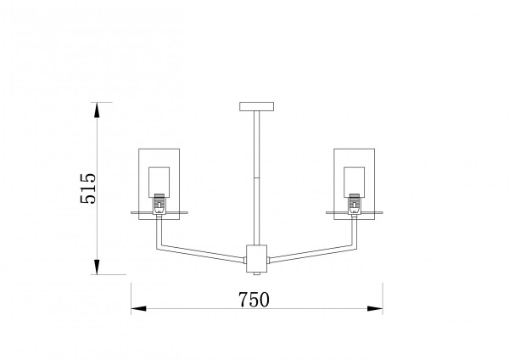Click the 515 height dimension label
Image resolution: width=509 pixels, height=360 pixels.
tap(88, 188)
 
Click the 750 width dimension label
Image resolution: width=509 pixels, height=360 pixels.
tap(254, 300)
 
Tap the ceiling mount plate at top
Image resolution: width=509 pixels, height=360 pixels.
tap(256, 107)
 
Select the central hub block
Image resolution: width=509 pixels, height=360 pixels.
tap(256, 259)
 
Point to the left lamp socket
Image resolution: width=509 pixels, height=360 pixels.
tap(159, 204)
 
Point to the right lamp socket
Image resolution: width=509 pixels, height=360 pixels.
tap(354, 204)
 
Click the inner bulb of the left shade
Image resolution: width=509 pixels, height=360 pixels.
tap(159, 182)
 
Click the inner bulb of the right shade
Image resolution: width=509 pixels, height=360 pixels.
tap(354, 182)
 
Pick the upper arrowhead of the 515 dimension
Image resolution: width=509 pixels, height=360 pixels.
tap(97, 110)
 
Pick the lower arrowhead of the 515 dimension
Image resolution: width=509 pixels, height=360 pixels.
tap(97, 267)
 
